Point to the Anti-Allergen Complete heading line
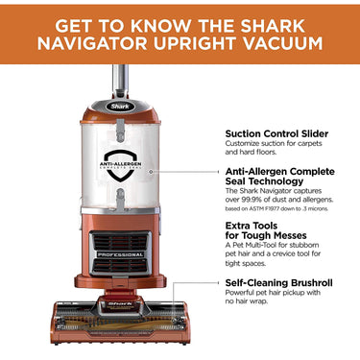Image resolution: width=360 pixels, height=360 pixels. pos(279,171)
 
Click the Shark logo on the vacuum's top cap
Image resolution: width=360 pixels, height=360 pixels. pos(119,107)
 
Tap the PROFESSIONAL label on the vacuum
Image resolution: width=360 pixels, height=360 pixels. pos(121,255)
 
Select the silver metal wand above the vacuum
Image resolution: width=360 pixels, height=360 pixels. pos(120,77)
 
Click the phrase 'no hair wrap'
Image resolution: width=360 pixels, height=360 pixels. pos(252,308)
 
